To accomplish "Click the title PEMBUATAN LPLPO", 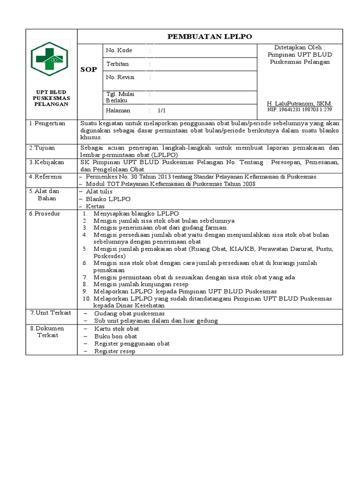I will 210,37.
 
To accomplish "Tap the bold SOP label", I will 89,69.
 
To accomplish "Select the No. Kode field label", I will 119,50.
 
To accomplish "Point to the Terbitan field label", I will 117,64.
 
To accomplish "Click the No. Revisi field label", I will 120,77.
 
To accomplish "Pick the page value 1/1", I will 162,111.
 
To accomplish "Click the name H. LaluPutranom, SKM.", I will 299,103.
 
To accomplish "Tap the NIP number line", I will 299,109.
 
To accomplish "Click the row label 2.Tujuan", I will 42,147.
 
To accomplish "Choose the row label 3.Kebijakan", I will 46,162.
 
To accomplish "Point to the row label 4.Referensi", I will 46,176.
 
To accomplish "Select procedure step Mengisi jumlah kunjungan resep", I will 141,284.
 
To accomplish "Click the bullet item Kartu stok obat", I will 116,329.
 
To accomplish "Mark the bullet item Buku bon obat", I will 115,336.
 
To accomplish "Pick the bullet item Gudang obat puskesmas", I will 129,313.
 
